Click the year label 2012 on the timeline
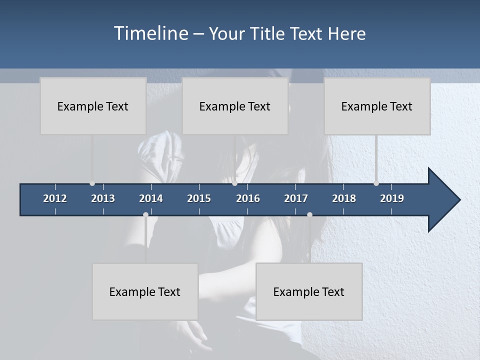coord(55,198)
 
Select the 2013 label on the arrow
coord(103,198)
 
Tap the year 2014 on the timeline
coord(151,198)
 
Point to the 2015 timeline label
coord(199,198)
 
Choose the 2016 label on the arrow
coord(248,198)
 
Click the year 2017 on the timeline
coord(296,198)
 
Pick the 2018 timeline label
coord(344,198)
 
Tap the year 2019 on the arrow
coord(392,198)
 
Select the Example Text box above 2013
coord(93,106)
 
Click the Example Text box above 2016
coord(235,106)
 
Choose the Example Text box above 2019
coord(377,106)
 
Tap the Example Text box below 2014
coord(145,291)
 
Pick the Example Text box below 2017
coord(309,291)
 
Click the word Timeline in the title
coord(151,33)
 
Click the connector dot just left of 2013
coord(92,183)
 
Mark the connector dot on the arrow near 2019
coord(376,183)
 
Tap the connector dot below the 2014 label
coord(145,214)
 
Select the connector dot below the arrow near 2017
coord(309,214)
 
